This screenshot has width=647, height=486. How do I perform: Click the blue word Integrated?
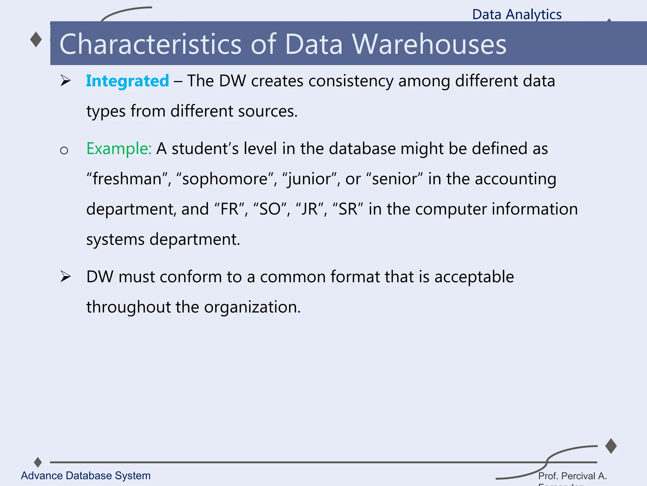(127, 81)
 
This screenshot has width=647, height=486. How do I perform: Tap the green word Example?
(119, 148)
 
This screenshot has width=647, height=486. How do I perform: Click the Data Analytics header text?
(517, 14)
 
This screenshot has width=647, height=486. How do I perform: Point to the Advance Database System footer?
(86, 476)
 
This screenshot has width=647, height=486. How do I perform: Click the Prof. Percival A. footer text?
(572, 476)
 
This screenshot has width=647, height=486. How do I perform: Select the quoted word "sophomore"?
(225, 179)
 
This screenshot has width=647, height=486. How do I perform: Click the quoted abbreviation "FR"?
(229, 209)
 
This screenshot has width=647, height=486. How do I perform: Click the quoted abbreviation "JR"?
(309, 209)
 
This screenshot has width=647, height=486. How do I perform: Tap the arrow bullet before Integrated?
(65, 81)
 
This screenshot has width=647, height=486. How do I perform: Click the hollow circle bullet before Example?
(64, 150)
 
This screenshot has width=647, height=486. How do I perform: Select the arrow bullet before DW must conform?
(65, 277)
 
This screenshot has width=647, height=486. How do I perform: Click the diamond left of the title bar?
(36, 40)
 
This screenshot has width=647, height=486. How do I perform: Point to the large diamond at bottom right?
(611, 446)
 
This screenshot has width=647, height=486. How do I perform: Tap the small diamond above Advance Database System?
(38, 462)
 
